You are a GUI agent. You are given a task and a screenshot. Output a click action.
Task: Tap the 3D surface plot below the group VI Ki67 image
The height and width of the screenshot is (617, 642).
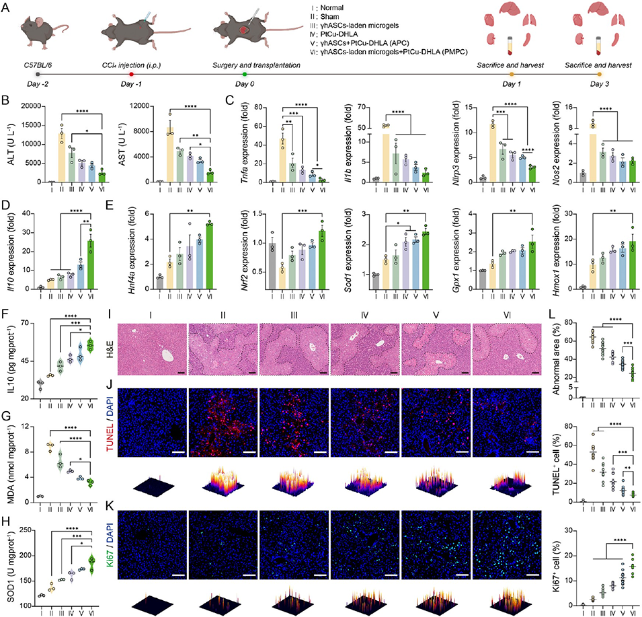point(501,592)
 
